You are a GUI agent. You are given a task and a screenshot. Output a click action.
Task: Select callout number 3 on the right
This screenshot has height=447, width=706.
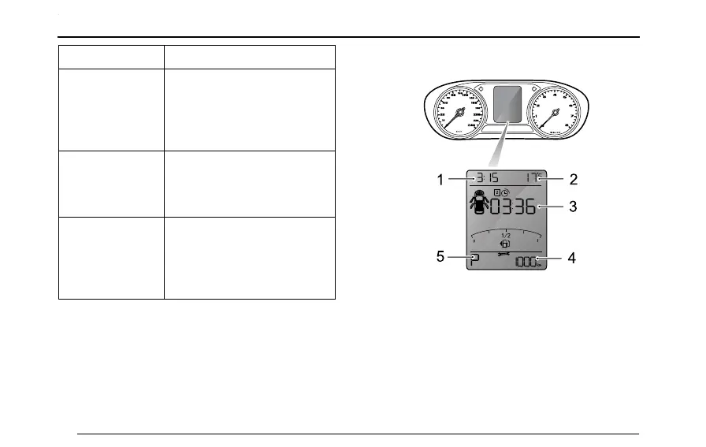[x=573, y=208]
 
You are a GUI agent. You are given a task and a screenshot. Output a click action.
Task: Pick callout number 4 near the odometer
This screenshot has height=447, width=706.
[x=571, y=258]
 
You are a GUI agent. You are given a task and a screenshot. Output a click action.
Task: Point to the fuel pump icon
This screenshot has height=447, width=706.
[x=505, y=244]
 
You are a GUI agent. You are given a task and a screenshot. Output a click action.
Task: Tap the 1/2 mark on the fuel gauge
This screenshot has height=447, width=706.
[x=505, y=234]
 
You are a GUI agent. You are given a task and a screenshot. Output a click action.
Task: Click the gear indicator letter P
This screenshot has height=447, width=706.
[x=474, y=261]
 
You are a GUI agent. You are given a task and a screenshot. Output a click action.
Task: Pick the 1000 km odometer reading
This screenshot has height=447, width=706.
[x=526, y=263]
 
